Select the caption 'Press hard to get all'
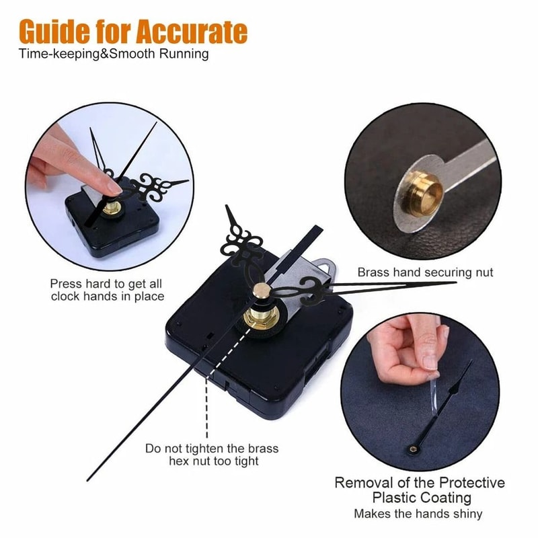click(106, 283)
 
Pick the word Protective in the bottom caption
click(471, 483)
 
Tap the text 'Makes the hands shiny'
click(420, 514)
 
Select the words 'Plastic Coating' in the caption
click(420, 498)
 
